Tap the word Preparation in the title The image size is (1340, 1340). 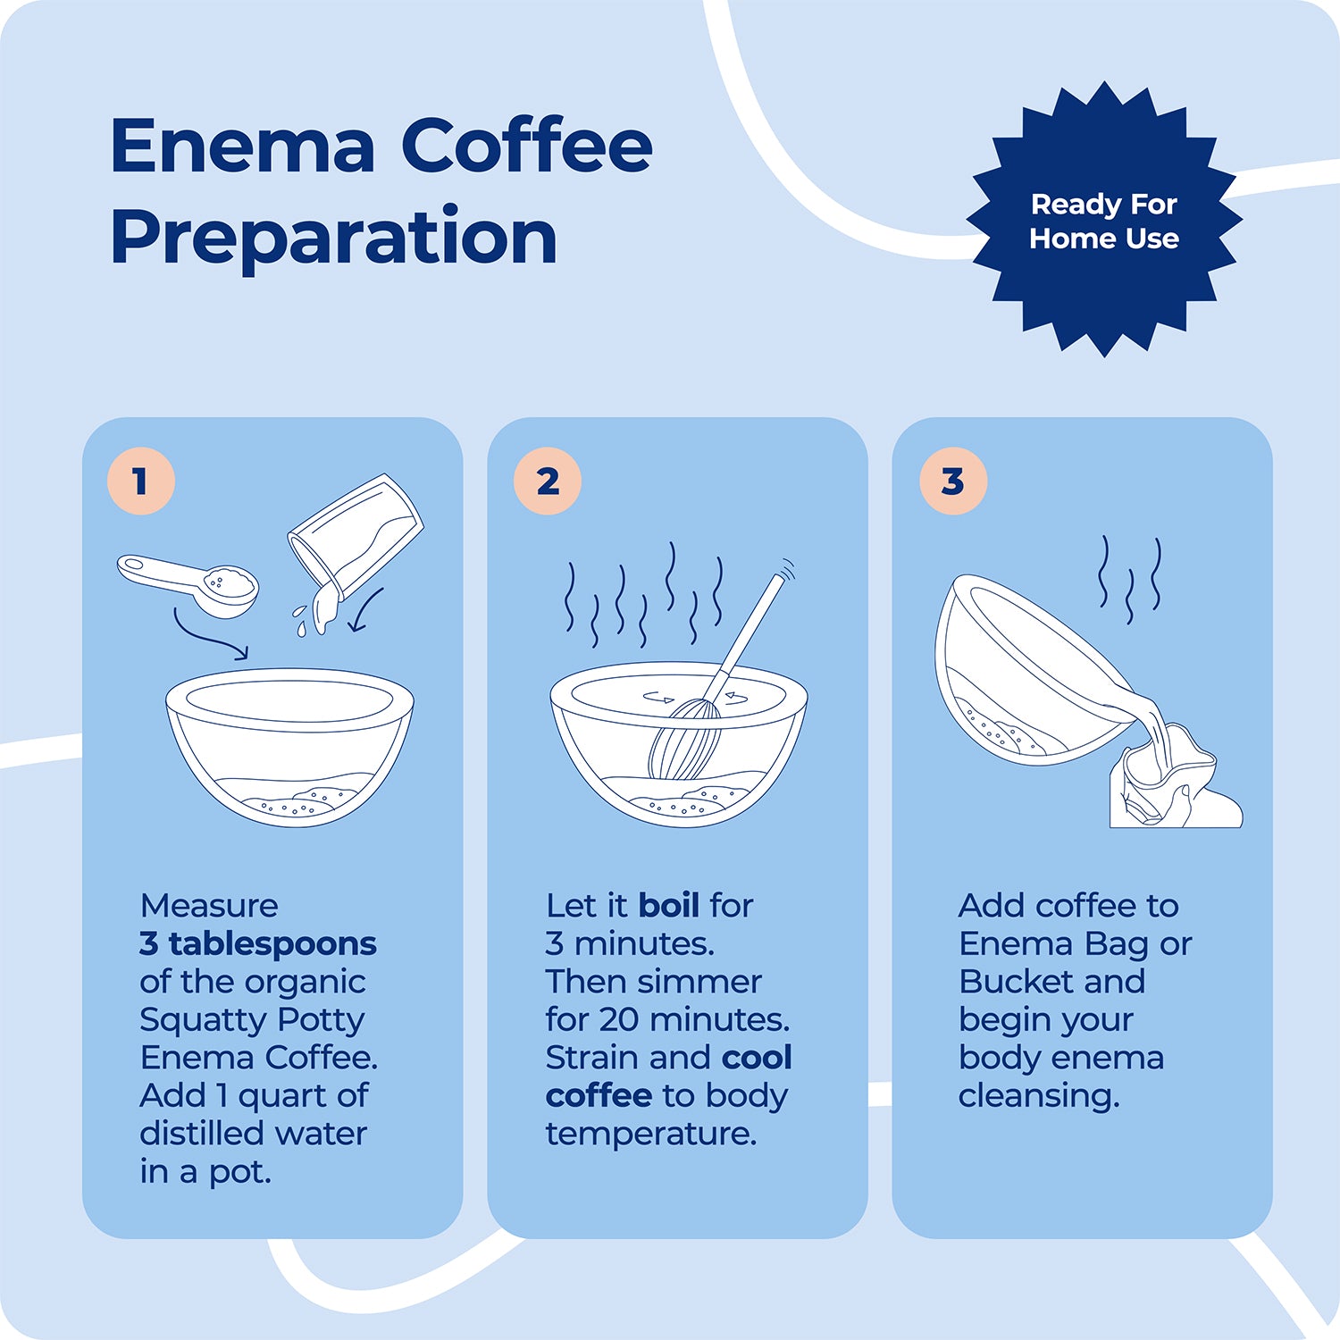334,238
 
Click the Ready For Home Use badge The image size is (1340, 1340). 1104,221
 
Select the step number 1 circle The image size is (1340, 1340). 140,482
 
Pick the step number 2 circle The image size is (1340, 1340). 548,482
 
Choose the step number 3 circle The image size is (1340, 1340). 952,482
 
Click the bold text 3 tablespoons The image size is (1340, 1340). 258,943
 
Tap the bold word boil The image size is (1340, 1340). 669,905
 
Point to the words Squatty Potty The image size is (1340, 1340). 252,1019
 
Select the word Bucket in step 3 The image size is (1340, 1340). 1015,981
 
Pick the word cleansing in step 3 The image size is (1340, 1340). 1038,1095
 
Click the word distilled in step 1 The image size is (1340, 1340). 191,1133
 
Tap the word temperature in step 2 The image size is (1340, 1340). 651,1133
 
